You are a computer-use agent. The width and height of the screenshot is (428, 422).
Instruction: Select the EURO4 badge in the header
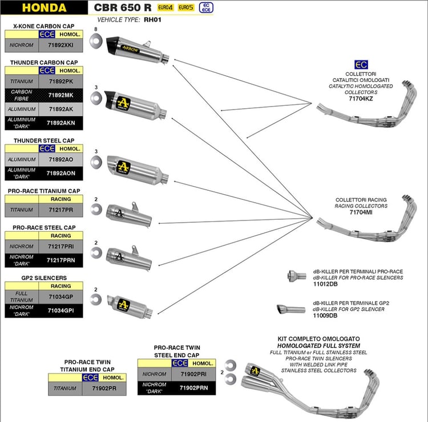[x=165, y=7]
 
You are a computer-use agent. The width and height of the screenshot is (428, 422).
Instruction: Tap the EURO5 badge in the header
[x=185, y=7]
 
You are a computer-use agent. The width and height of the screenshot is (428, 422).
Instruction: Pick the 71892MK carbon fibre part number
[x=60, y=95]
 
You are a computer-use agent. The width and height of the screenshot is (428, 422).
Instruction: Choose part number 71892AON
[x=60, y=173]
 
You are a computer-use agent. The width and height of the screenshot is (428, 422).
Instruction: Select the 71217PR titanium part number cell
[x=60, y=210]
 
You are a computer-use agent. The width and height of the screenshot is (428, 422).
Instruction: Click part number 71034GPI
[x=60, y=310]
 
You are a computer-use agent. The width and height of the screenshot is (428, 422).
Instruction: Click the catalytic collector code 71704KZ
[x=361, y=98]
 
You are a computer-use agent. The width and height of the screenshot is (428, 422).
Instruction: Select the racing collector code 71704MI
[x=361, y=211]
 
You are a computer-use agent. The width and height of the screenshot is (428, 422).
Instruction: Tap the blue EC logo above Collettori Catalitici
[x=361, y=64]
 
